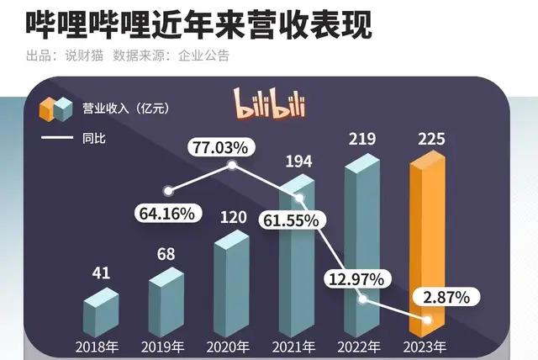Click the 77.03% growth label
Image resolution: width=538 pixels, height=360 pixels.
(x=219, y=148)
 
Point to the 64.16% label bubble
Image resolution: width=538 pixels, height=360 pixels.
(x=166, y=213)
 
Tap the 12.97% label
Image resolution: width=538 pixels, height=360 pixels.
(x=354, y=278)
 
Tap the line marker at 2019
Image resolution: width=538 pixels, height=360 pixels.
(x=171, y=190)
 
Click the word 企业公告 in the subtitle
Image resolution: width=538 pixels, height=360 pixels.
(x=204, y=56)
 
